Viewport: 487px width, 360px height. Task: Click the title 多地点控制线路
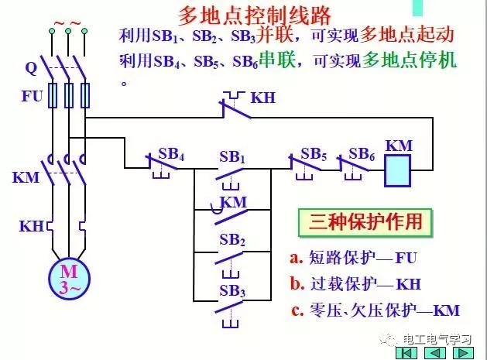[x=243, y=15]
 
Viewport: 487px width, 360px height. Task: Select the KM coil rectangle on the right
[x=401, y=169]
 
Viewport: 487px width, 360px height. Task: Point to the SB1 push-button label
[x=232, y=157]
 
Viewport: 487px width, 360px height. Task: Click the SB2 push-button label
[x=232, y=240]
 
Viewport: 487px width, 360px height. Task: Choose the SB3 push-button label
[x=232, y=291]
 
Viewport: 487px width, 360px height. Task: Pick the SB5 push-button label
[x=314, y=153]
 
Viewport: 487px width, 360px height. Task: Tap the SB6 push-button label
[x=362, y=153]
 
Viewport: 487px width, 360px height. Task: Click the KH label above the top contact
[x=263, y=98]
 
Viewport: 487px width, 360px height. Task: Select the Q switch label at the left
[x=31, y=67]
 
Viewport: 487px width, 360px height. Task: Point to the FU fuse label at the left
[x=30, y=98]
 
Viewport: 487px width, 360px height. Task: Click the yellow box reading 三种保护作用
[x=362, y=222]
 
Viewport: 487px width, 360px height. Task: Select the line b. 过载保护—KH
[x=354, y=284]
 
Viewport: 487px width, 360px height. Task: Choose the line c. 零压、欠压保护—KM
[x=376, y=310]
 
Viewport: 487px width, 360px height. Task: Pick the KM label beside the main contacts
[x=26, y=177]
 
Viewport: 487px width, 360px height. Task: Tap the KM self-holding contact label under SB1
[x=234, y=202]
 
